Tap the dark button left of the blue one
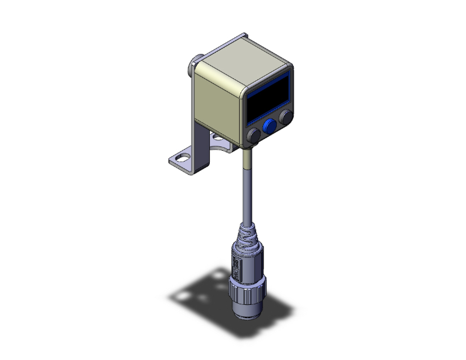[254, 136]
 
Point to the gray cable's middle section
[244, 194]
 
